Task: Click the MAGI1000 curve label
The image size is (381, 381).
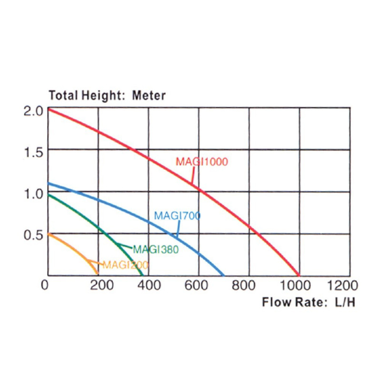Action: (202, 162)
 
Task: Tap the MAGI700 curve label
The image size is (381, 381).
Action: (177, 216)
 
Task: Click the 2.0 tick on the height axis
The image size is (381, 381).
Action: (33, 110)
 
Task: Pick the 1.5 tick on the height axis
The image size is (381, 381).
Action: (33, 152)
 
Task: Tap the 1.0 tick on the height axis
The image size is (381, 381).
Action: (33, 193)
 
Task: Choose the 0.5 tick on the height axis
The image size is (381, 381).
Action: (33, 235)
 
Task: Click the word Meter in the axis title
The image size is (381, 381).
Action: (149, 95)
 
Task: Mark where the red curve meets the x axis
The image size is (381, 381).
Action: (299, 275)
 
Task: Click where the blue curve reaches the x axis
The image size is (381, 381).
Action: (223, 275)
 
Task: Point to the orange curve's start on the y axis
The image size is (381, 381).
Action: (48, 234)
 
